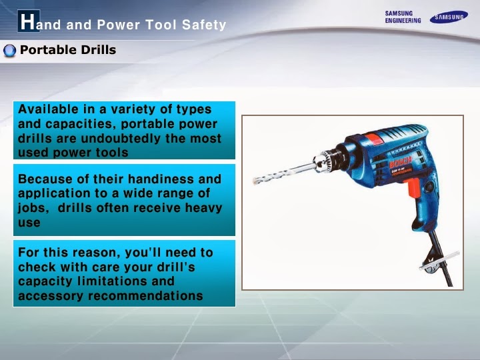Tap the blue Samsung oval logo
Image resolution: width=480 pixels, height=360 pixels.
448,17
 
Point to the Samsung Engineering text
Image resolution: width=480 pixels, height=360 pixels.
403,17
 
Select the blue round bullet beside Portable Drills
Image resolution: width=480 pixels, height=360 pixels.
9,51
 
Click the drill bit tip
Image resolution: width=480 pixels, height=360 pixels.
257,181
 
